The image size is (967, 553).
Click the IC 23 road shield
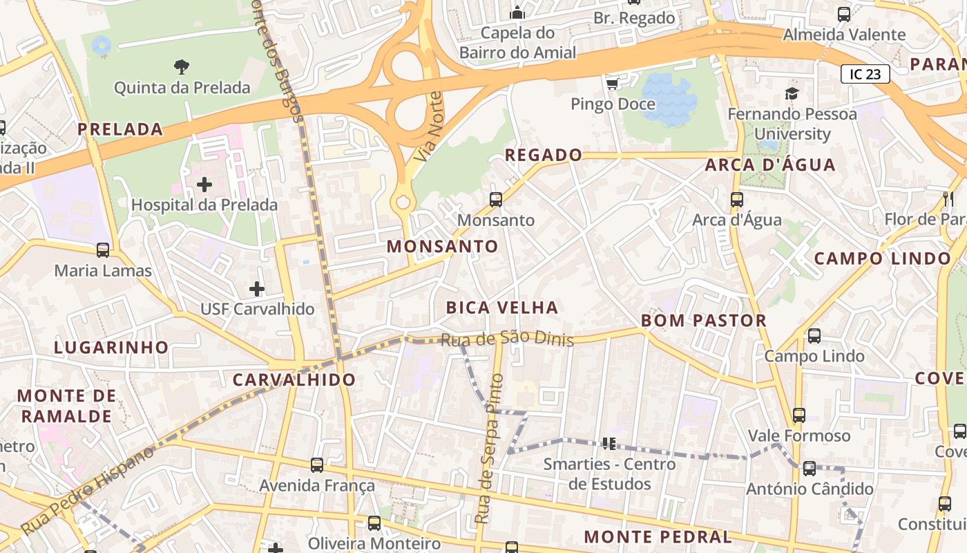[x=865, y=74]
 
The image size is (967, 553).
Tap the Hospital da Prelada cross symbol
[x=204, y=185]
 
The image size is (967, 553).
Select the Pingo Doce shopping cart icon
[x=612, y=84]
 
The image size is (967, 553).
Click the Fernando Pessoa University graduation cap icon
[x=792, y=93]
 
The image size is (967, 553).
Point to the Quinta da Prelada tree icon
[x=182, y=67]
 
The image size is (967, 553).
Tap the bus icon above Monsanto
[x=496, y=200]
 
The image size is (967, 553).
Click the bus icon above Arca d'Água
[x=737, y=200]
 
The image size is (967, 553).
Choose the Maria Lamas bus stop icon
[x=103, y=250]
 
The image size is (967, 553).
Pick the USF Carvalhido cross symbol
[x=257, y=288]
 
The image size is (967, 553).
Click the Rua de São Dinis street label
[x=507, y=339]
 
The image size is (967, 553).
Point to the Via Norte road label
[x=427, y=126]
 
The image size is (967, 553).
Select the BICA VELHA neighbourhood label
[x=502, y=308]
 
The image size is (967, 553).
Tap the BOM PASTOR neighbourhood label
[x=704, y=321]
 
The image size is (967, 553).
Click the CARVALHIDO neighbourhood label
[x=294, y=379]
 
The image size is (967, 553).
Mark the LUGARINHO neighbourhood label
[x=111, y=348]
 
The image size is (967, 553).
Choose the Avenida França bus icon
[x=317, y=465]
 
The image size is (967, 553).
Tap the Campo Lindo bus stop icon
[x=814, y=336]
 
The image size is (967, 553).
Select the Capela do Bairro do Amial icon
[x=517, y=13]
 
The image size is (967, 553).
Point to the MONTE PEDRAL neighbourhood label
[x=658, y=537]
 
